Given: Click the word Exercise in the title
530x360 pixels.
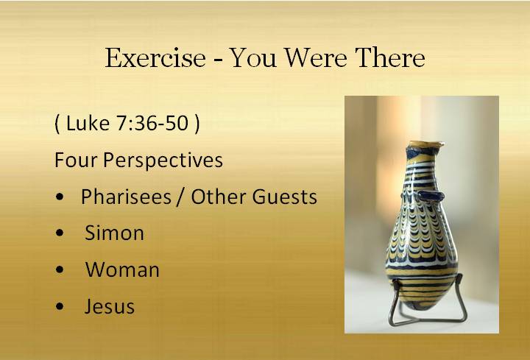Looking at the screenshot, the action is click(x=155, y=58).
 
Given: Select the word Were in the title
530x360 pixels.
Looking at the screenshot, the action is click(x=316, y=58).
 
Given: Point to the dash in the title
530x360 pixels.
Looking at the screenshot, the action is click(x=219, y=60).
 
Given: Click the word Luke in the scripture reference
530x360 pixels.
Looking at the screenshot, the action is click(x=88, y=123).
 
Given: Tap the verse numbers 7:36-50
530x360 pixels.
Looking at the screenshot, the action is click(x=152, y=123).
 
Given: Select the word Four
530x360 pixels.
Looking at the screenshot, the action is click(x=76, y=160).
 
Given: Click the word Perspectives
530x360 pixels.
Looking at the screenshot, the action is click(x=163, y=160).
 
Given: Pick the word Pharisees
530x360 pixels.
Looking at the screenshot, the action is click(x=126, y=197).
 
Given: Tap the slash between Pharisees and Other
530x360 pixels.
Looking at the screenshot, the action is click(x=180, y=197).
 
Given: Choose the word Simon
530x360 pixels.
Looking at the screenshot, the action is click(x=114, y=233).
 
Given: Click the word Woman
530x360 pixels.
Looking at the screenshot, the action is click(x=122, y=269).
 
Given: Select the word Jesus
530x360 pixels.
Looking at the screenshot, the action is click(x=110, y=306).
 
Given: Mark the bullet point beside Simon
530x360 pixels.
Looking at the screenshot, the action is click(x=60, y=233).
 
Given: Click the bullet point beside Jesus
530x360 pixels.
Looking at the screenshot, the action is click(x=60, y=306).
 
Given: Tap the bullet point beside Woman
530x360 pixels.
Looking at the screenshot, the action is click(x=60, y=269).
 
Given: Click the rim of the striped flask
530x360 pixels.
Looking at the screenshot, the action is click(x=425, y=144).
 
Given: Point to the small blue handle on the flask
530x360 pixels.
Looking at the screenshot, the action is click(x=430, y=195).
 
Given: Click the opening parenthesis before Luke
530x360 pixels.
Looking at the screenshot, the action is click(x=57, y=124).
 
